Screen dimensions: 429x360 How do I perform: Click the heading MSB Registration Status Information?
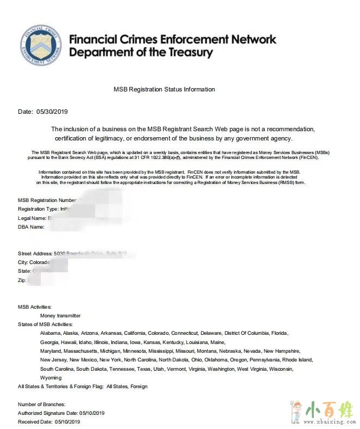[x=164, y=89]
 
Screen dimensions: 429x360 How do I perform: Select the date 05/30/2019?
[x=52, y=112]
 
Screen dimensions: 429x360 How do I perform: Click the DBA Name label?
[x=31, y=226]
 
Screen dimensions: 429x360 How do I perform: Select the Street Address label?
[x=35, y=254]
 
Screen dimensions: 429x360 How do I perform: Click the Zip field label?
[x=22, y=280]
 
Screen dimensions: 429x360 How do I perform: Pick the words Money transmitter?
[x=60, y=315]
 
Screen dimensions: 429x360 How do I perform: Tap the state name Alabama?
[x=50, y=333]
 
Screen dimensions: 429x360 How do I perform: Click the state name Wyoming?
[x=51, y=377]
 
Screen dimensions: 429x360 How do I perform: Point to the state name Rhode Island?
[x=297, y=360]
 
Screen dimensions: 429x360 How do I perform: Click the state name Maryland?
[x=51, y=351]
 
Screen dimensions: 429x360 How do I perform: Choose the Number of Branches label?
[x=41, y=404]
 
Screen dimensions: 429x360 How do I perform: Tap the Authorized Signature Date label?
[x=49, y=413]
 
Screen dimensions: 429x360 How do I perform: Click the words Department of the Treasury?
[x=141, y=53]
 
